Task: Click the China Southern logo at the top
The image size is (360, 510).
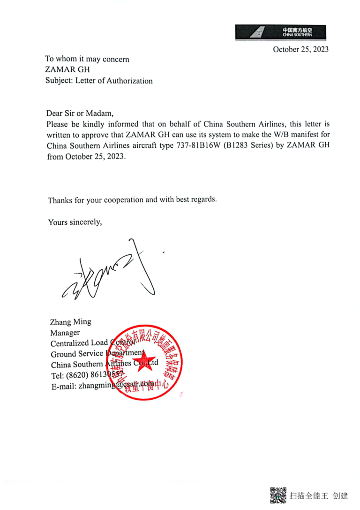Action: [x=280, y=32]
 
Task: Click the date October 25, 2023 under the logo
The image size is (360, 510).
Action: [x=300, y=49]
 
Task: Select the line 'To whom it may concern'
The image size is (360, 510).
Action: [x=87, y=59]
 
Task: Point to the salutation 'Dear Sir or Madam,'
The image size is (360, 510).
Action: [x=80, y=113]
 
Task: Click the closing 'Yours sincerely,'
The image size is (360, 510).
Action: [x=75, y=222]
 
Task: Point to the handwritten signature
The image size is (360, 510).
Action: [x=112, y=273]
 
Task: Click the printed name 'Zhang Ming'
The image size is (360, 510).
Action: [x=71, y=322]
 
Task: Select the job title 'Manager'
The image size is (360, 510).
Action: [x=65, y=333]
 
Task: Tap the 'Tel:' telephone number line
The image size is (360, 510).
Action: [x=86, y=375]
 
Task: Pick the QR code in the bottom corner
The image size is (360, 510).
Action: [x=278, y=495]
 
